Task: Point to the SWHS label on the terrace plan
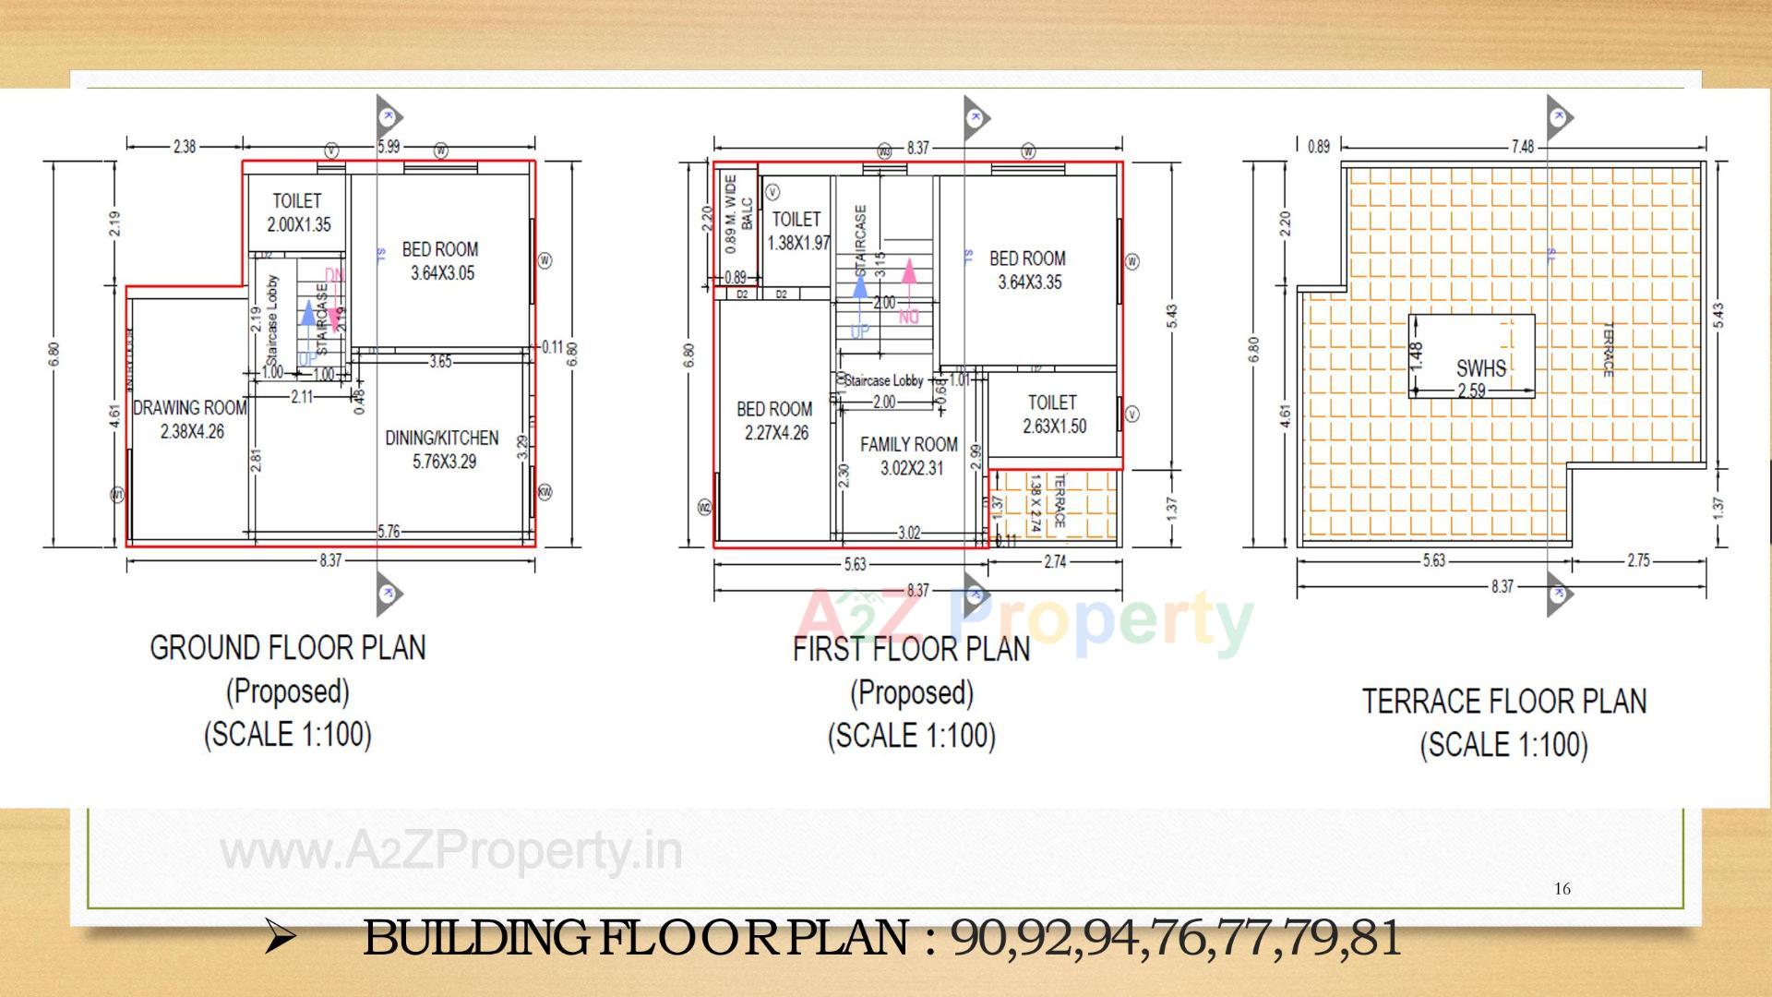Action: [1480, 368]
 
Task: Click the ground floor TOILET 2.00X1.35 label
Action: [298, 212]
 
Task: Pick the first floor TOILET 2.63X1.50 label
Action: [1053, 414]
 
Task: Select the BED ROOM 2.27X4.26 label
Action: [775, 421]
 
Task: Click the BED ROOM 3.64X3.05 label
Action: [440, 261]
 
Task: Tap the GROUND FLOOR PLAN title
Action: [288, 648]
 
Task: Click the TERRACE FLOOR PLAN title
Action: [1504, 702]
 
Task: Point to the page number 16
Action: [1562, 889]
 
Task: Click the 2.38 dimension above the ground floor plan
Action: [185, 146]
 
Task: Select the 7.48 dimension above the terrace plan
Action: [1523, 147]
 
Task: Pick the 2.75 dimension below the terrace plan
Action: [1638, 560]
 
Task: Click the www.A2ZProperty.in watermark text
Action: [451, 851]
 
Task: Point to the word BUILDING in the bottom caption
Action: [475, 938]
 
